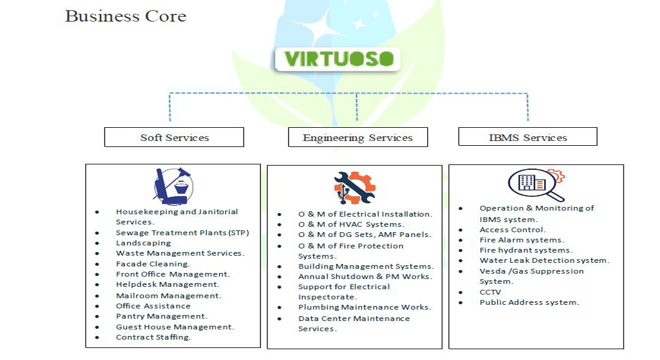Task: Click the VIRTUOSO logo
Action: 337,59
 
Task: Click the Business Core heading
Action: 125,16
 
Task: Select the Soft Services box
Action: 174,137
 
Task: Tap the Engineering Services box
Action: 358,137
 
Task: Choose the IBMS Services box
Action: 528,137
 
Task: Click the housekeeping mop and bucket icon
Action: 173,186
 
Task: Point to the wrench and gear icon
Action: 355,188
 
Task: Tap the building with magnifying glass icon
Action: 536,185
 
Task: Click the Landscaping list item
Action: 143,243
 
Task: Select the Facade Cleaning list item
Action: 153,264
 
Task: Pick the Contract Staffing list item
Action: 153,337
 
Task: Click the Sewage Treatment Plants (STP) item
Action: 182,233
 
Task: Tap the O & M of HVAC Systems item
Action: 351,224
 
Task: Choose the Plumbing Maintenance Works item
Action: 365,307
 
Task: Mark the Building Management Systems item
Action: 366,266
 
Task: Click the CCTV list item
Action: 490,292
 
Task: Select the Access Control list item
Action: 512,230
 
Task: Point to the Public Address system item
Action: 529,302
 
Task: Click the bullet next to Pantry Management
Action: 97,317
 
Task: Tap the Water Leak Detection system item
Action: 544,260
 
